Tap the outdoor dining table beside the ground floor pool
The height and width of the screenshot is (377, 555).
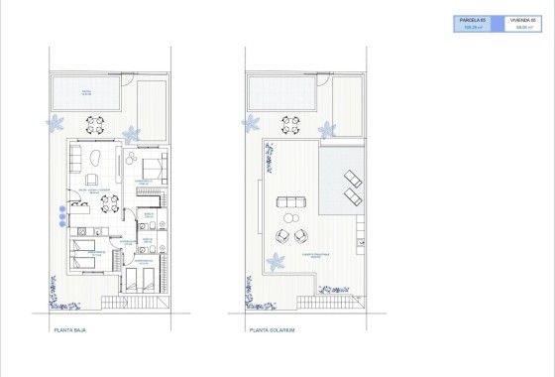95,126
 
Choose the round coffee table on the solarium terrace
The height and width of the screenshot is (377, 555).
291,216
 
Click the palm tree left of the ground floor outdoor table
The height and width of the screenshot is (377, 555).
57,123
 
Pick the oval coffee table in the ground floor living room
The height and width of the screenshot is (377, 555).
94,161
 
